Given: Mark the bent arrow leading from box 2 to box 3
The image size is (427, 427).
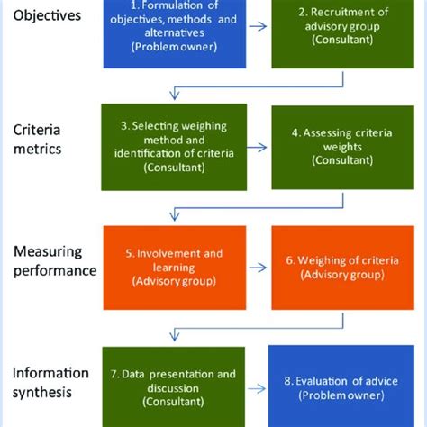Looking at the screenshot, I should pyautogui.click(x=252, y=86).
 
